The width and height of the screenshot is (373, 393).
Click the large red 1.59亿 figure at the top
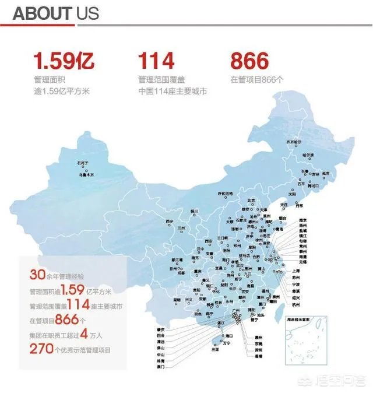63,61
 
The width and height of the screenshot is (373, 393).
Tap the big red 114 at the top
156,61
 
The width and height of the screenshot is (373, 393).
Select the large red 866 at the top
249,61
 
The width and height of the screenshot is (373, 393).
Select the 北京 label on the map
251,200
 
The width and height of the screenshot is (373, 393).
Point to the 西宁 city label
170,221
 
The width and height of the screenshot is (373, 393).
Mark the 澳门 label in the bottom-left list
161,366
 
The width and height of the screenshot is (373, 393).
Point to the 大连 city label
284,205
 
